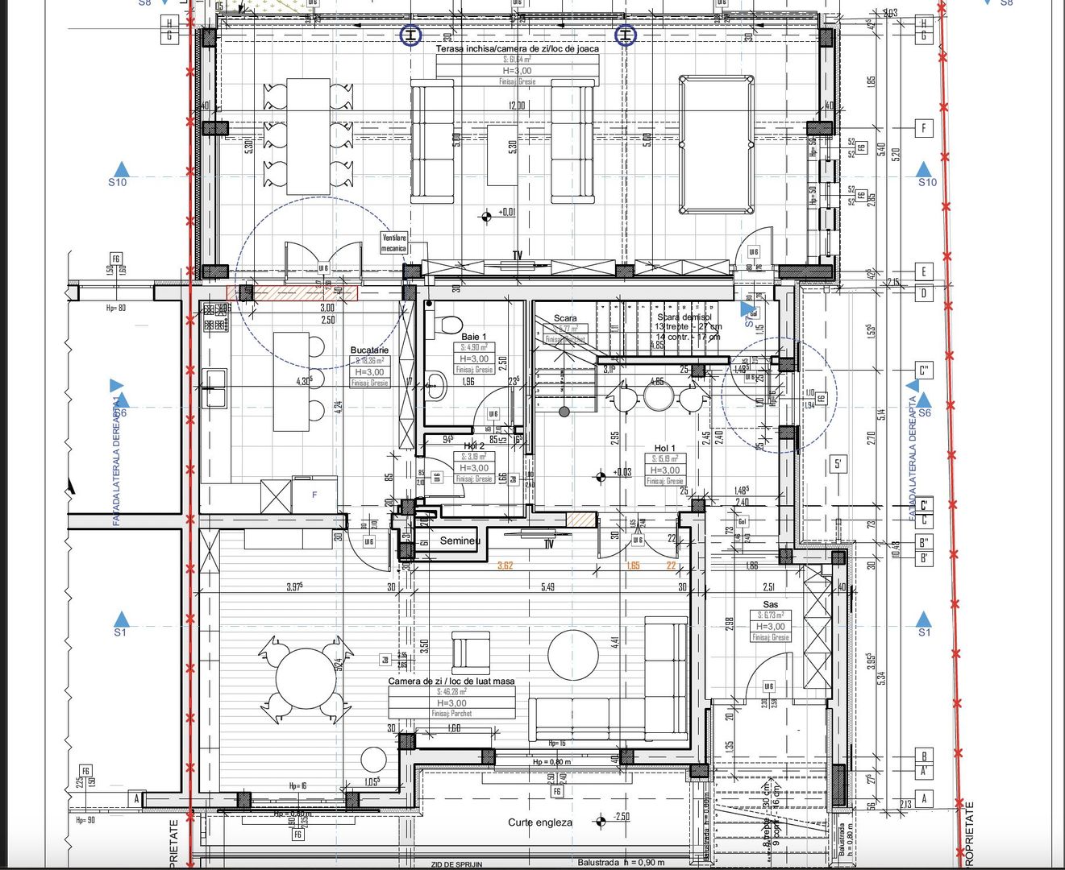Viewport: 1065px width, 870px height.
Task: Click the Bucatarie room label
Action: click(x=369, y=350)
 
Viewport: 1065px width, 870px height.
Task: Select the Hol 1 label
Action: click(x=664, y=448)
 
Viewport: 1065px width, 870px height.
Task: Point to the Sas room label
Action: click(x=771, y=604)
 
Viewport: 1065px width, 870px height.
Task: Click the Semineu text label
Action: click(x=460, y=541)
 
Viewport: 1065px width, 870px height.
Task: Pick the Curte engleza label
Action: click(x=540, y=822)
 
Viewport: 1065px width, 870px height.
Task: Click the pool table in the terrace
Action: click(x=717, y=144)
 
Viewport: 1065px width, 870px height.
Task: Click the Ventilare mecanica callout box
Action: click(x=394, y=242)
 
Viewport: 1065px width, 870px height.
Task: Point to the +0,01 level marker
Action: click(x=486, y=216)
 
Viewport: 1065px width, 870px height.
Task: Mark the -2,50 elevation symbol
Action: click(x=601, y=822)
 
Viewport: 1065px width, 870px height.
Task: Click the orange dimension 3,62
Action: click(x=505, y=565)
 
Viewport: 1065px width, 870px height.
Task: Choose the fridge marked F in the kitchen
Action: click(x=314, y=495)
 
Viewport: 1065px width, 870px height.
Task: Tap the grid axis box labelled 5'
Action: click(x=839, y=464)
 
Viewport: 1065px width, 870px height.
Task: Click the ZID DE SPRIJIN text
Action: click(x=456, y=864)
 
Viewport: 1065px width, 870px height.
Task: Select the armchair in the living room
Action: click(x=470, y=652)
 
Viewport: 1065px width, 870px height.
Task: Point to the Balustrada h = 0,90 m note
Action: click(x=621, y=863)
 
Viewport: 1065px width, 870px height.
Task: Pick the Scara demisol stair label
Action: click(x=684, y=317)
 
